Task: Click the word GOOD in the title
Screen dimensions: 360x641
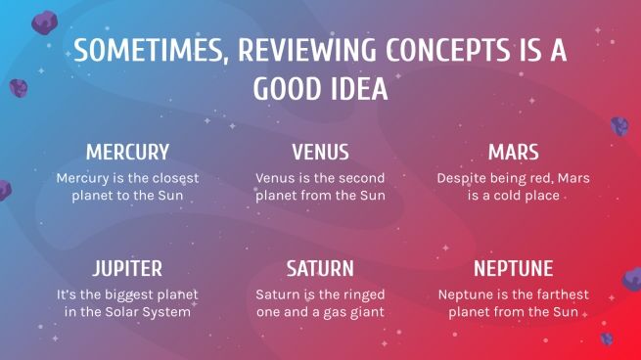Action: [x=285, y=89]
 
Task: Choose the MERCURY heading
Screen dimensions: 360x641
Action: [x=127, y=153]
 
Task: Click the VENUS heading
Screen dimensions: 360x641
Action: [x=320, y=153]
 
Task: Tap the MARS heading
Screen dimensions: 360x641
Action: [x=513, y=153]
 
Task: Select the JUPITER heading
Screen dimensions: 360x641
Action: [x=127, y=269]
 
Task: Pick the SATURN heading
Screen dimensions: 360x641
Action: [x=320, y=269]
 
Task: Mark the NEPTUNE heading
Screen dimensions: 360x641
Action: [x=513, y=269]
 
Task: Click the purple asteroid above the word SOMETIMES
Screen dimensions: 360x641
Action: [x=44, y=22]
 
